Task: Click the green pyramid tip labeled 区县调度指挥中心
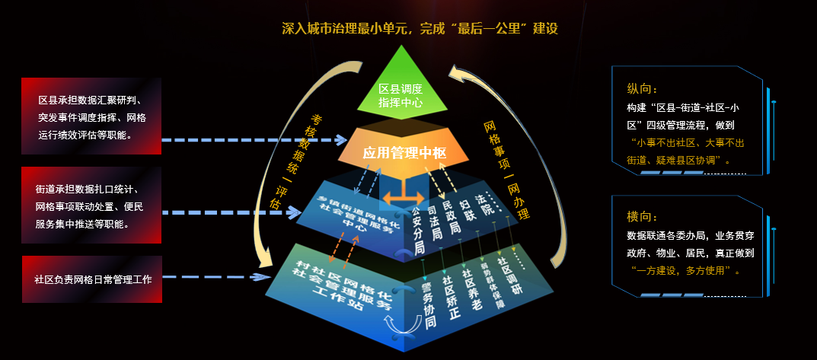coord(401,94)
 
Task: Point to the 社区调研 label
coord(503,269)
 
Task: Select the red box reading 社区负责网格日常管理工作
coord(92,279)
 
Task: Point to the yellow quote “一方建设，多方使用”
coord(685,270)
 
